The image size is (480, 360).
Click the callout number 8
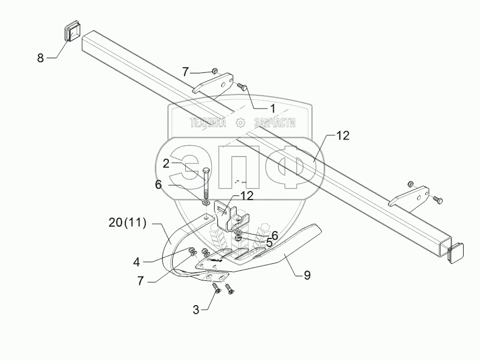41,58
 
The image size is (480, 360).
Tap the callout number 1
272,107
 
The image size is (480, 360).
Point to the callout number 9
307,275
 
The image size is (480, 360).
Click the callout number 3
196,309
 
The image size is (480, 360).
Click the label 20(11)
128,223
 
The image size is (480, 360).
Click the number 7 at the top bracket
185,71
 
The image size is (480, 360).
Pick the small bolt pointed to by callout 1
243,87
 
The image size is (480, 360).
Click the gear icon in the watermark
241,123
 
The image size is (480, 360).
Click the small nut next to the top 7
215,71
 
